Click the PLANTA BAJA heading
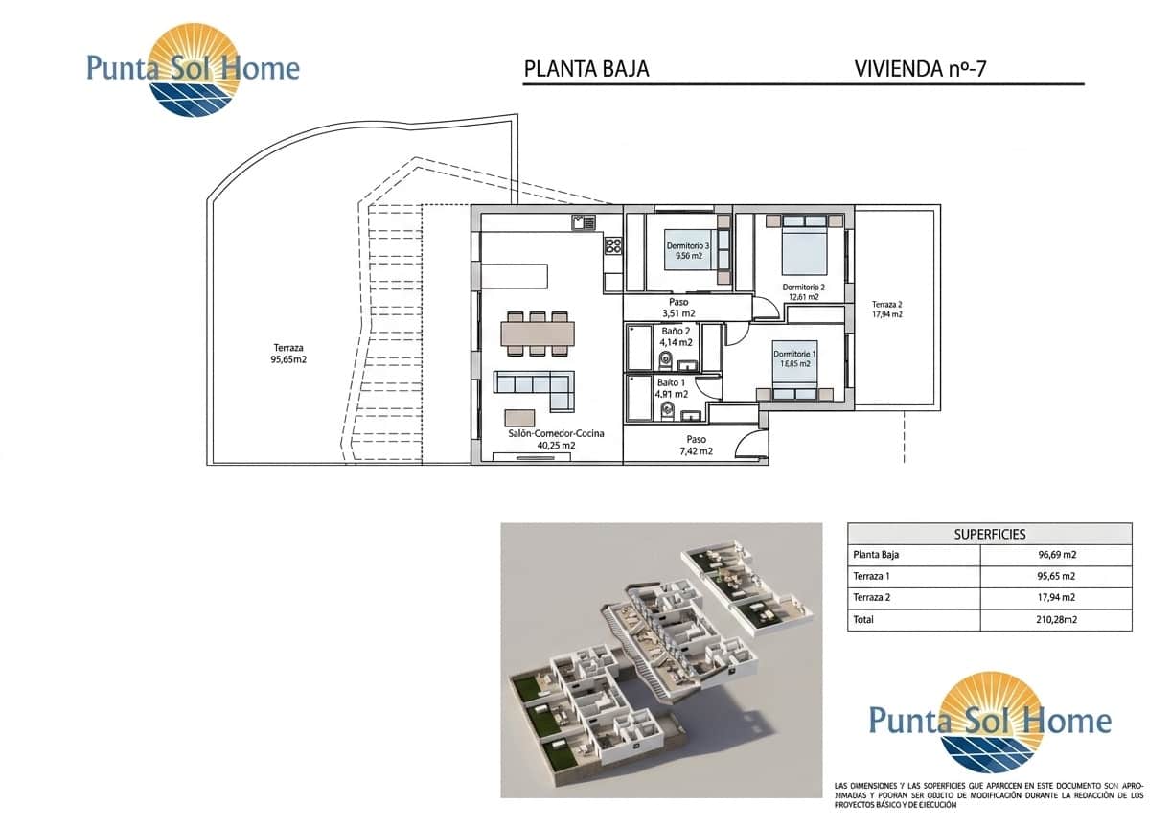pyautogui.click(x=586, y=69)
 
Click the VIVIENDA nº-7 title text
pyautogui.click(x=918, y=69)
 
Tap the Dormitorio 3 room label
pyautogui.click(x=688, y=246)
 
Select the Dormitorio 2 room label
pyautogui.click(x=803, y=287)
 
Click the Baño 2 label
pyautogui.click(x=676, y=331)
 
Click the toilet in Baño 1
pyautogui.click(x=668, y=413)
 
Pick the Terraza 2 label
pyautogui.click(x=886, y=303)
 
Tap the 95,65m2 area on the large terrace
pyautogui.click(x=288, y=360)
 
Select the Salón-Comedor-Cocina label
pyautogui.click(x=556, y=433)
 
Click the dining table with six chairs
pyautogui.click(x=538, y=333)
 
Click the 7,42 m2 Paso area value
pyautogui.click(x=696, y=450)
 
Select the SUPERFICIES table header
pyautogui.click(x=989, y=534)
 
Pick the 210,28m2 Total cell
pyautogui.click(x=1055, y=620)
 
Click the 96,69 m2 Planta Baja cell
pyautogui.click(x=1055, y=554)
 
